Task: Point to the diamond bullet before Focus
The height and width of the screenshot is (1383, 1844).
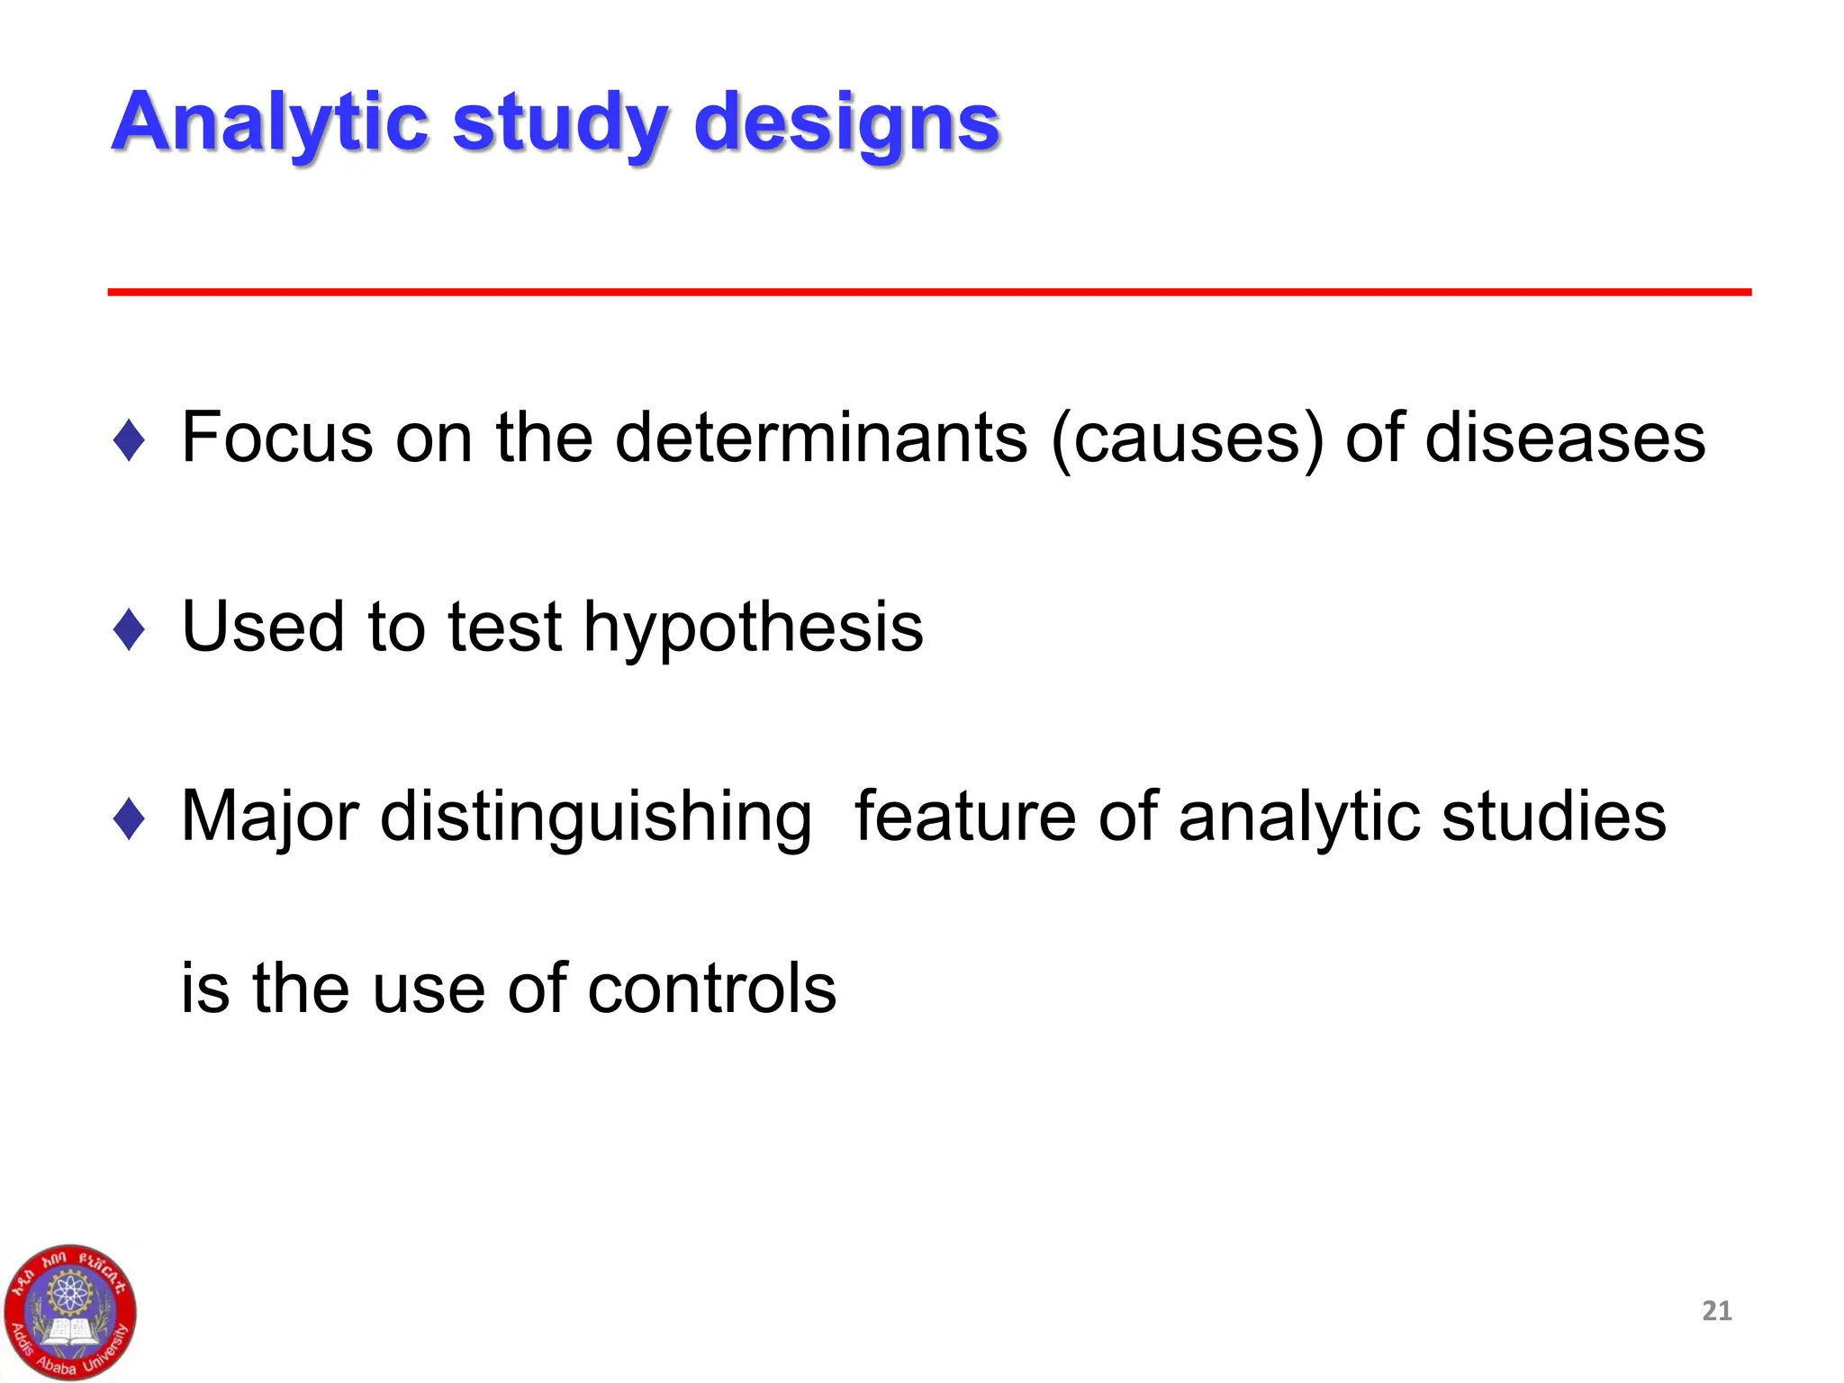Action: [130, 440]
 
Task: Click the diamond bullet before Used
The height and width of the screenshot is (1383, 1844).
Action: [130, 628]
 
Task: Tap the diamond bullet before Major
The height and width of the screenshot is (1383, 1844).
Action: [130, 818]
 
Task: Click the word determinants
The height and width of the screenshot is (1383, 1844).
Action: [820, 438]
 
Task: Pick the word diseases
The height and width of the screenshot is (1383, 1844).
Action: [1565, 438]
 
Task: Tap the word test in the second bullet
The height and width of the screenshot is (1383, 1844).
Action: [504, 627]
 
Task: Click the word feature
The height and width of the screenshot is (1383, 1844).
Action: [964, 816]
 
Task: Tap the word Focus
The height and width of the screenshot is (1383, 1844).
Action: [277, 438]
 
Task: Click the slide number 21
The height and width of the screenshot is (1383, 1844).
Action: [1716, 1310]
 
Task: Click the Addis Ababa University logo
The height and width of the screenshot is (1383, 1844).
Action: [69, 1313]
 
